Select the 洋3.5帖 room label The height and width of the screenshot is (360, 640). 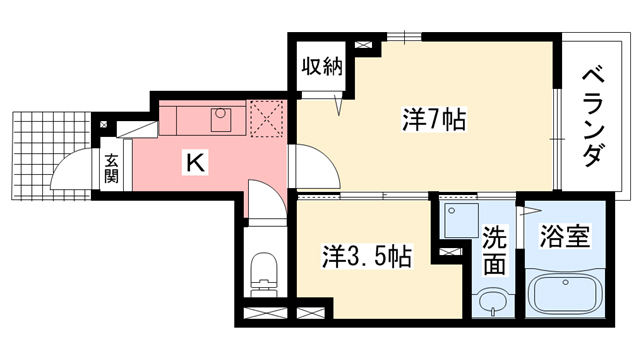tap(367, 256)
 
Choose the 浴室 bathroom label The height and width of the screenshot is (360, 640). tap(566, 238)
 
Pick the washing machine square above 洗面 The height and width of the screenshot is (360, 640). tap(461, 222)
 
